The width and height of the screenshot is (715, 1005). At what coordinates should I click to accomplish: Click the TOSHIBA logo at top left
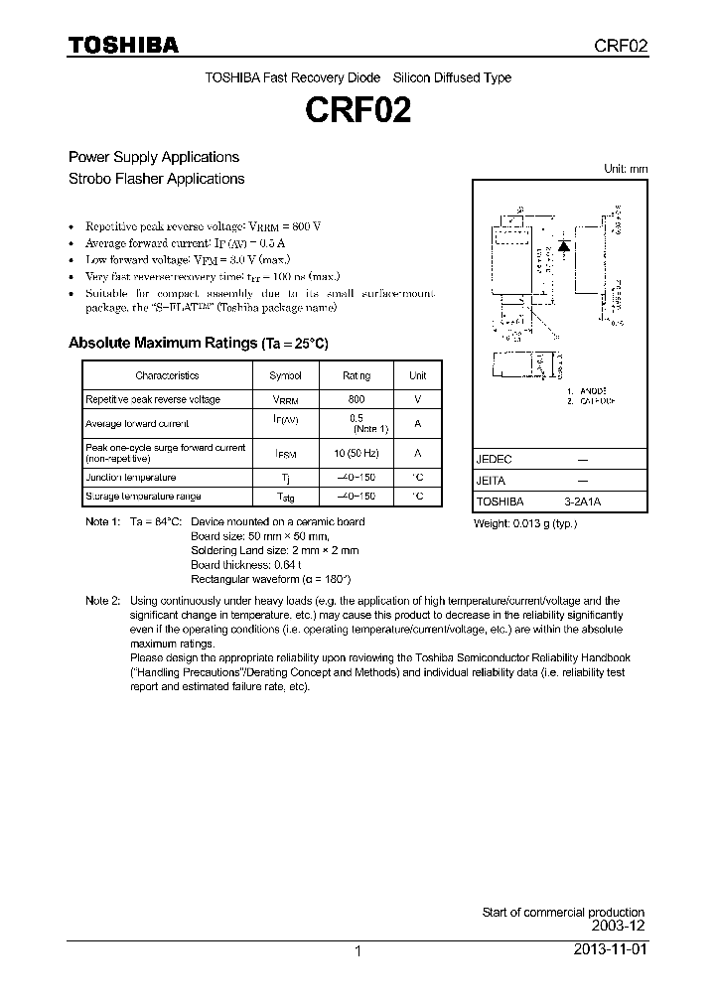pyautogui.click(x=123, y=45)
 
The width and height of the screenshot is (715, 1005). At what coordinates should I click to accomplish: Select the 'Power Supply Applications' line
pyautogui.click(x=153, y=157)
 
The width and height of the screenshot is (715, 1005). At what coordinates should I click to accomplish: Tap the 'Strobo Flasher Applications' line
pyautogui.click(x=156, y=179)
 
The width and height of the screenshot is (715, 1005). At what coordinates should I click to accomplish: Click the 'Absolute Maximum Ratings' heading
pyautogui.click(x=198, y=343)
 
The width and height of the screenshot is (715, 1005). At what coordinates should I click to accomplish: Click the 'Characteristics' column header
pyautogui.click(x=167, y=375)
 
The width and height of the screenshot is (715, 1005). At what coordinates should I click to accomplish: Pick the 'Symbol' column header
pyautogui.click(x=285, y=375)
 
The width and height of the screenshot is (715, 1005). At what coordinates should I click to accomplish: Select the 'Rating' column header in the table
pyautogui.click(x=357, y=375)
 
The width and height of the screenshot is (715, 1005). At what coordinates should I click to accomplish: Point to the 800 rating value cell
pyautogui.click(x=357, y=399)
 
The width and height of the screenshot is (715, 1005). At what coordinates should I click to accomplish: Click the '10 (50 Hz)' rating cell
pyautogui.click(x=357, y=452)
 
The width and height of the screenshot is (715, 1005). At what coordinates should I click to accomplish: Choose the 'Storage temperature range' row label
pyautogui.click(x=143, y=496)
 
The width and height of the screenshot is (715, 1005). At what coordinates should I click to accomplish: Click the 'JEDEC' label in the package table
pyautogui.click(x=494, y=460)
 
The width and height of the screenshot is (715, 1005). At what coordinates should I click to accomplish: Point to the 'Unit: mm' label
pyautogui.click(x=626, y=169)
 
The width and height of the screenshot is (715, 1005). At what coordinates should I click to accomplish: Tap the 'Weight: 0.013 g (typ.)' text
pyautogui.click(x=524, y=522)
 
